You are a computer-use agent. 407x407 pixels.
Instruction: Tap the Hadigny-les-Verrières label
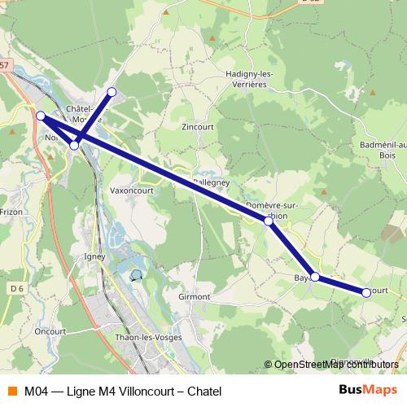[249, 79]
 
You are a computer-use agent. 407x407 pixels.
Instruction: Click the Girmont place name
[194, 297]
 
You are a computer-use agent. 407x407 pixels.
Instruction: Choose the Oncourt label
[50, 331]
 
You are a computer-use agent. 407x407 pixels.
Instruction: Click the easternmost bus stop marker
[366, 292]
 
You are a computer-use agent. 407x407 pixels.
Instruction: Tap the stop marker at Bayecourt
[315, 278]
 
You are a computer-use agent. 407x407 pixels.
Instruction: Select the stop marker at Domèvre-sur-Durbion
[269, 221]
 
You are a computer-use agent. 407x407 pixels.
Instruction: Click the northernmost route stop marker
[112, 91]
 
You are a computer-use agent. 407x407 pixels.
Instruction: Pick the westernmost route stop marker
[40, 116]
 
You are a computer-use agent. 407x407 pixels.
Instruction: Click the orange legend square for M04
[11, 392]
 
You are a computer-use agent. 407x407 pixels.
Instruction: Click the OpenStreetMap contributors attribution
[336, 364]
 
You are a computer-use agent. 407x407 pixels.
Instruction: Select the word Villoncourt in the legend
[138, 392]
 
